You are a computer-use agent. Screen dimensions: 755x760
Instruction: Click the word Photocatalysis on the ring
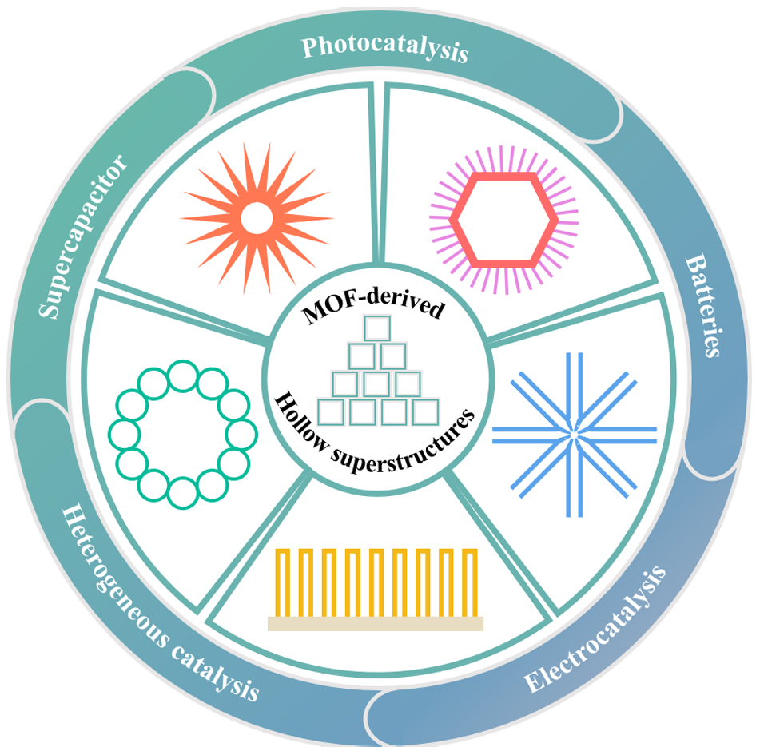384,48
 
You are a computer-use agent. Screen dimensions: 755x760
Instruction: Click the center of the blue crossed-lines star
574,434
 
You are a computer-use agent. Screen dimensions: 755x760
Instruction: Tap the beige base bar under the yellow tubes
375,623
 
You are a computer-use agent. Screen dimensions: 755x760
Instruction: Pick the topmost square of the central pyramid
376,330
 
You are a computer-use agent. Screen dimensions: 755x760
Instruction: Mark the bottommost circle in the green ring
182,491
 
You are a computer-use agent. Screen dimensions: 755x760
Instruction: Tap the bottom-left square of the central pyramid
331,412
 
